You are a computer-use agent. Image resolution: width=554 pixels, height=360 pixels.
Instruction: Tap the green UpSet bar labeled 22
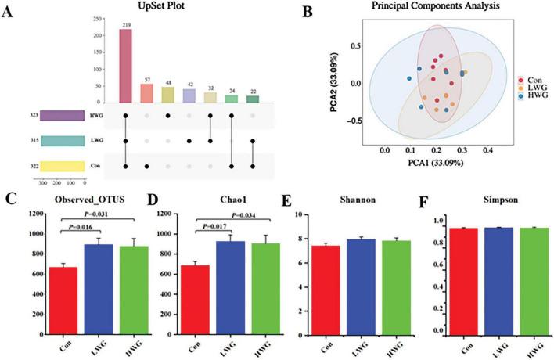pyautogui.click(x=251, y=99)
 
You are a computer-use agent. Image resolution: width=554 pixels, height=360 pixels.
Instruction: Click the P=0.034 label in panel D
pyautogui.click(x=238, y=216)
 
